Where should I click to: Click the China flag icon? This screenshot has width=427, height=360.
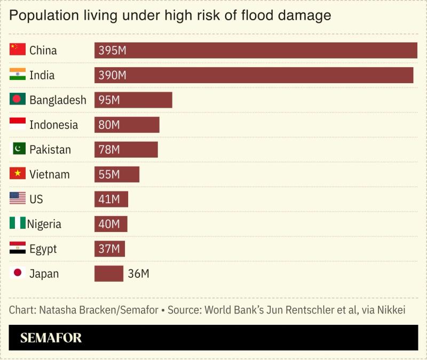18,50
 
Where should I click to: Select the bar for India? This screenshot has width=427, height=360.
254,75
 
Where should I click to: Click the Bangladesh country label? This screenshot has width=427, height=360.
58,100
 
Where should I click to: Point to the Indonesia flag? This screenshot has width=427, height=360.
18,124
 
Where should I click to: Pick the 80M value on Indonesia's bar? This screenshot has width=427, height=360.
109,125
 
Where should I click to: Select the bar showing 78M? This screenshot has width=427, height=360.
126,149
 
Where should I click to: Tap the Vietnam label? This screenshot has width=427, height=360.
49,174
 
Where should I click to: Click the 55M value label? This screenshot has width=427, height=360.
109,174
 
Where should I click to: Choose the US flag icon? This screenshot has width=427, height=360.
18,199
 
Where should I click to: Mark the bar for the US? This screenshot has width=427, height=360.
111,199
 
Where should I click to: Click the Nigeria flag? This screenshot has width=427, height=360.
18,223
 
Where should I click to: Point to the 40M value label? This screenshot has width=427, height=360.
109,224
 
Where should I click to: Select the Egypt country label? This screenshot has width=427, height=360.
43,249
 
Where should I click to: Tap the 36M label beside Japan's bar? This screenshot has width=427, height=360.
138,274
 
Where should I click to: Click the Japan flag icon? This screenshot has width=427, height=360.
18,273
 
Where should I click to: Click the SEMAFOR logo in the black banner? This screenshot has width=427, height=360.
51,338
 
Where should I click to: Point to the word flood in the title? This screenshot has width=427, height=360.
252,15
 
